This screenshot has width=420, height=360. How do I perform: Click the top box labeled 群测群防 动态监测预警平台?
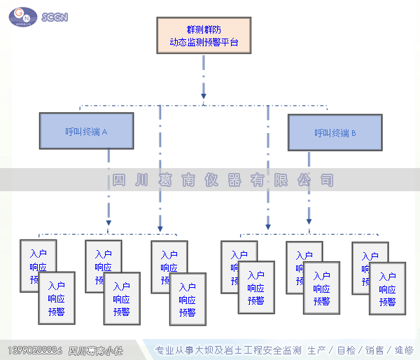(204, 35)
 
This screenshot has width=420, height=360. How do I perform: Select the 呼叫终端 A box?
(86, 132)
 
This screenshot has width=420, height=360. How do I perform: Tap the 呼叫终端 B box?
(335, 132)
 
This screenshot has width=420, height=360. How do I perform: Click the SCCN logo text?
(55, 17)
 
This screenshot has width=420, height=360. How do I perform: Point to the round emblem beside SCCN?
(22, 15)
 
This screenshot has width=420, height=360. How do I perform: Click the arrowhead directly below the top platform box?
(204, 95)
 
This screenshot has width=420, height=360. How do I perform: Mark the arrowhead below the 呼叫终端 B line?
(309, 222)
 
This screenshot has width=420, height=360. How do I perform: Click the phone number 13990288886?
(34, 350)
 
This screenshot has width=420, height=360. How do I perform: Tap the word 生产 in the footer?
(317, 350)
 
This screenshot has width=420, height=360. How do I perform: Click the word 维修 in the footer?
(404, 350)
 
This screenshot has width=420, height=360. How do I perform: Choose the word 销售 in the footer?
(374, 350)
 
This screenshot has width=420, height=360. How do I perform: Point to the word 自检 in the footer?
(346, 350)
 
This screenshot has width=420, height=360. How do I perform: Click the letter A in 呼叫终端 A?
(104, 132)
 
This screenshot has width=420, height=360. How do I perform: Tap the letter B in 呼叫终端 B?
(353, 132)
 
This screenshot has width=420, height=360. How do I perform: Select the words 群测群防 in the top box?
(204, 29)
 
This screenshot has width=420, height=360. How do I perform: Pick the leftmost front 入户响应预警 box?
(57, 298)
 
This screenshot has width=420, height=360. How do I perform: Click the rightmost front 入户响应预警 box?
(387, 289)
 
